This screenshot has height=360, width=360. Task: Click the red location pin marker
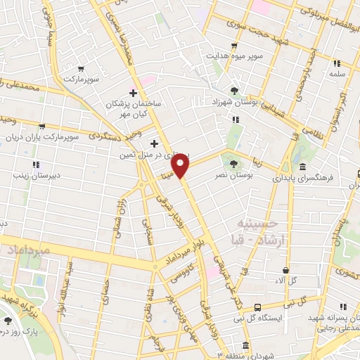click(181, 166)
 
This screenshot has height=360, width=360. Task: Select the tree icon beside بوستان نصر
click(233, 165)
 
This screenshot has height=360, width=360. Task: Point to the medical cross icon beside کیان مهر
click(133, 93)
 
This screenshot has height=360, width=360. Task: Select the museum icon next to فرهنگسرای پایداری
click(302, 167)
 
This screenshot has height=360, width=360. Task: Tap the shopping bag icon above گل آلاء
click(285, 270)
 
